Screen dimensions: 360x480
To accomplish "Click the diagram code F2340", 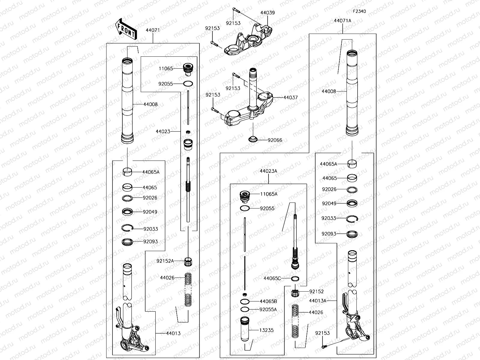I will pyautogui.click(x=359, y=11).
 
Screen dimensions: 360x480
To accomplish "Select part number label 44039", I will pyautogui.click(x=267, y=13).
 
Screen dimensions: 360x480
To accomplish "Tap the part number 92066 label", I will pyautogui.click(x=275, y=140).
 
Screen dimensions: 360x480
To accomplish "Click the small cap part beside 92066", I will pyautogui.click(x=253, y=139).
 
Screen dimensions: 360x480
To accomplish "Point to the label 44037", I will pyautogui.click(x=290, y=97).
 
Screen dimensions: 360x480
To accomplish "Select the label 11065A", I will pyautogui.click(x=268, y=194).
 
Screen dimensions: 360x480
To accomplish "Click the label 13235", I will pyautogui.click(x=266, y=330).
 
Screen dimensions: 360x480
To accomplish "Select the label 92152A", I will pyautogui.click(x=165, y=261).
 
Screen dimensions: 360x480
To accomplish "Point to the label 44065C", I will pyautogui.click(x=272, y=278).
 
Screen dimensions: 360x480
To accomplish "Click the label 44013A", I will pyautogui.click(x=317, y=300).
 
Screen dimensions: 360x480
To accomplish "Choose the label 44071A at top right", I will pyautogui.click(x=342, y=21).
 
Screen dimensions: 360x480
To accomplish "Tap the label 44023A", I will pyautogui.click(x=268, y=171).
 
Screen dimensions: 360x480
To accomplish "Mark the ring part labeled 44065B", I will pyautogui.click(x=245, y=301).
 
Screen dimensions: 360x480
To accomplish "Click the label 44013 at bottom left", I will pyautogui.click(x=173, y=333).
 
